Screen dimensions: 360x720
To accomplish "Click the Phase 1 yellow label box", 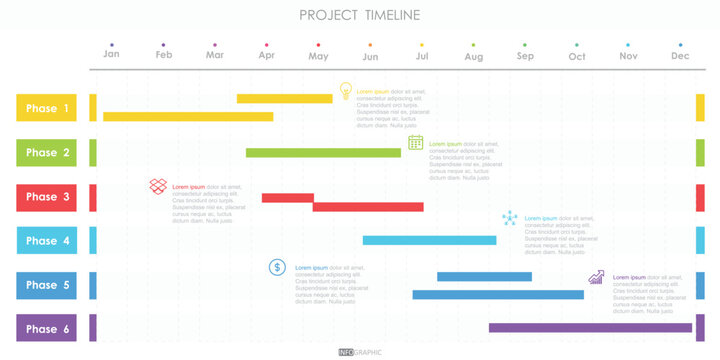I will click(x=46, y=108).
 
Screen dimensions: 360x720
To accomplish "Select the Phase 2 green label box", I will click(x=46, y=152).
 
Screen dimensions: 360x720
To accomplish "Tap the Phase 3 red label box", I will click(x=46, y=197).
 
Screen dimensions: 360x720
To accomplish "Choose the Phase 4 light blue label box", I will click(x=46, y=241).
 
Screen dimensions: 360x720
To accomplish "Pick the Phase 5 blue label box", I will click(x=46, y=285).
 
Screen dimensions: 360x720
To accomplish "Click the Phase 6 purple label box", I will click(x=46, y=329).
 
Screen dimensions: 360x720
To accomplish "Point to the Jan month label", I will click(x=112, y=56).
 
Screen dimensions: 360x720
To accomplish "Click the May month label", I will click(x=318, y=56).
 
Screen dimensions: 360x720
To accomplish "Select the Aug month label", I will click(x=473, y=56).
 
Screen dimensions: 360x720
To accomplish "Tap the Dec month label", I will click(x=680, y=56).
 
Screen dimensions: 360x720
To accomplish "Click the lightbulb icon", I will click(x=345, y=91).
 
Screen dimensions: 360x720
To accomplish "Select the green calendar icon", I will click(x=416, y=142).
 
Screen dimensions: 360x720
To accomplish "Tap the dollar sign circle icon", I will click(x=277, y=267).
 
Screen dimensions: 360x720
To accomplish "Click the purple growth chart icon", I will click(x=596, y=276).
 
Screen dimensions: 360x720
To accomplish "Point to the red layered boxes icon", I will click(x=158, y=186).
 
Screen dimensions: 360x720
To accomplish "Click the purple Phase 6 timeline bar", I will click(x=590, y=327).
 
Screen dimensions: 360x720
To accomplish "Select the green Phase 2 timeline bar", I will click(x=323, y=152).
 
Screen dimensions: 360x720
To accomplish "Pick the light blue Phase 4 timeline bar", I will click(x=429, y=240).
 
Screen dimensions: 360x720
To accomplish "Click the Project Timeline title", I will click(x=360, y=14).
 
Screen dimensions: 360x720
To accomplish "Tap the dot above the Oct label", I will click(x=577, y=45).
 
